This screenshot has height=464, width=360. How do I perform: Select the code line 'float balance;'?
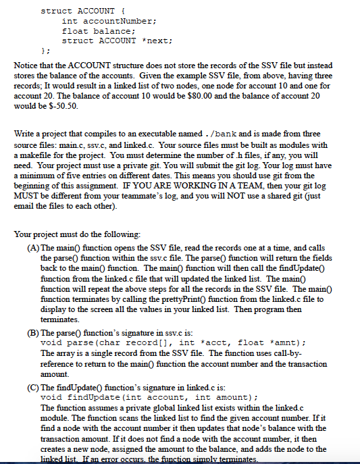point(99,30)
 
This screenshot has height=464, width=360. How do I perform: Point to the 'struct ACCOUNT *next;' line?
point(118,41)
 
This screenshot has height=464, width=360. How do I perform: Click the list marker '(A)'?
point(32,248)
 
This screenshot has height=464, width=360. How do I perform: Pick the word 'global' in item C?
point(165,409)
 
